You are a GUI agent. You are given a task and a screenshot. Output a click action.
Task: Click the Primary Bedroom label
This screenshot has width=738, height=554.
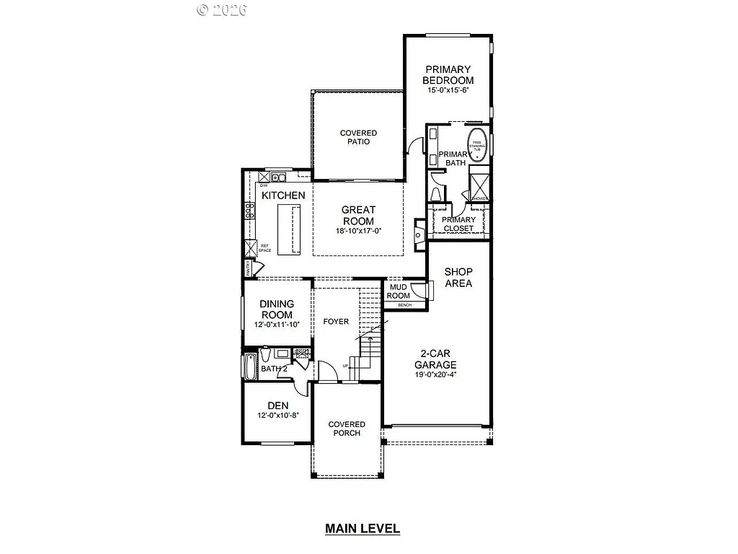(x=448, y=75)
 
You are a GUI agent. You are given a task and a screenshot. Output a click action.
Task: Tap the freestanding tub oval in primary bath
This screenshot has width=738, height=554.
(x=477, y=144)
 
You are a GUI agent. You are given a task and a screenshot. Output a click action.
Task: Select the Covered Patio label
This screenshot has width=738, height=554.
(x=358, y=137)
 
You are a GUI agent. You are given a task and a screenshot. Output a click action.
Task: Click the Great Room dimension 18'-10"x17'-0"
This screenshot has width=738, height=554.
(x=357, y=232)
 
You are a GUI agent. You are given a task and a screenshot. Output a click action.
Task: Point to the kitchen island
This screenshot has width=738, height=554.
(x=290, y=227)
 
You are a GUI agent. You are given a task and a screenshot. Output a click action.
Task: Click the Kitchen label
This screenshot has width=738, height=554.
(x=283, y=195)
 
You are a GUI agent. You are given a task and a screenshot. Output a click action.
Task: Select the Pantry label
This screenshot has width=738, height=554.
(x=248, y=269)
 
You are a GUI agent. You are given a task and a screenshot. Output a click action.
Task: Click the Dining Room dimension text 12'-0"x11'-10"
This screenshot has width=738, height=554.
(x=276, y=325)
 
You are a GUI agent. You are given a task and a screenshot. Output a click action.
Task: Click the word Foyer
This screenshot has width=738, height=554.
(x=336, y=321)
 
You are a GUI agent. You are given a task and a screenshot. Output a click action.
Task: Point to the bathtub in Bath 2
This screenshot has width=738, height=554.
(x=250, y=367)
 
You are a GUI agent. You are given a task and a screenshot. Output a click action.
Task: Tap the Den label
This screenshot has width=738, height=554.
(x=277, y=405)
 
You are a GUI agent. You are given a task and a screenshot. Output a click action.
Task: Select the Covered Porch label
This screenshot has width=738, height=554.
(x=347, y=428)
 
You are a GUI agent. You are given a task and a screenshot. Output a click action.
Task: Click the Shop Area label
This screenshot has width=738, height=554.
(x=458, y=278)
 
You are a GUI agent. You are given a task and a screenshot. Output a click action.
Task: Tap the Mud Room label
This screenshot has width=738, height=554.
(x=399, y=291)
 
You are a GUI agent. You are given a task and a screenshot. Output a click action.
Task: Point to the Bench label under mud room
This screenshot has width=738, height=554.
(x=404, y=305)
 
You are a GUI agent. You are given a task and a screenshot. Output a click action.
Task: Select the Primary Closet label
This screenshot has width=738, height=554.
(x=458, y=224)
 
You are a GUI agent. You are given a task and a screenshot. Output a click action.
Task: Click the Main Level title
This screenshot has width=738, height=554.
(x=362, y=529)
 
